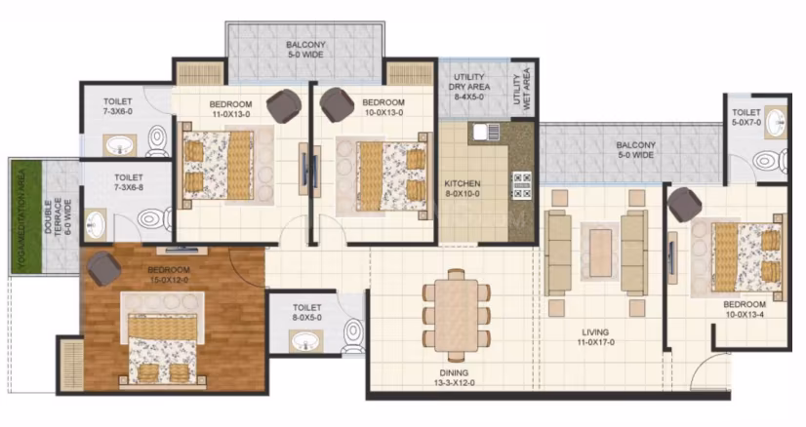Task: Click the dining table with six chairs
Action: click(x=456, y=315)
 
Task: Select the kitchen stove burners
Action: click(x=522, y=185)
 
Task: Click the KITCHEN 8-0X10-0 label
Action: click(x=463, y=188)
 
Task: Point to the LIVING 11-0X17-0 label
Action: click(x=595, y=337)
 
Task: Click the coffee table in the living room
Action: click(x=600, y=252)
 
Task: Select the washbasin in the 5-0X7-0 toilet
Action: click(x=775, y=123)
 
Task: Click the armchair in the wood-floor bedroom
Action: click(x=103, y=268)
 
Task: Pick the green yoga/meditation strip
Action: click(x=26, y=216)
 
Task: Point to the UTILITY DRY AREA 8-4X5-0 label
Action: click(x=468, y=87)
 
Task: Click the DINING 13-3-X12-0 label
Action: click(x=454, y=377)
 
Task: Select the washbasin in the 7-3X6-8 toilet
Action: click(x=95, y=224)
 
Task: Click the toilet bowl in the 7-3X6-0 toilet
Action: click(x=157, y=140)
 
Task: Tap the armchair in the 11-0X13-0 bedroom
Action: click(x=284, y=106)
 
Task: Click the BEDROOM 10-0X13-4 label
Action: click(x=745, y=309)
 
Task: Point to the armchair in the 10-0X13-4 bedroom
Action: click(x=685, y=205)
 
